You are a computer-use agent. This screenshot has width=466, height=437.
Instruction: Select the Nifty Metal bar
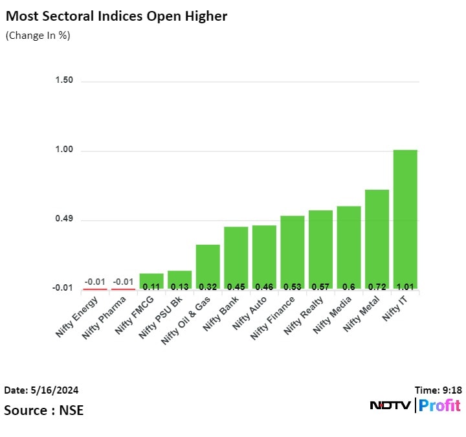click(x=377, y=239)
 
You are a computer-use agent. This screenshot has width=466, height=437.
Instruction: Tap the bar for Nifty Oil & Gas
click(x=208, y=266)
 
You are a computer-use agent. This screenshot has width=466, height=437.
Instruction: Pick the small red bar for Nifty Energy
click(x=94, y=289)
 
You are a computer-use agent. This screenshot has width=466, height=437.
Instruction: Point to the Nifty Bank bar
click(x=236, y=257)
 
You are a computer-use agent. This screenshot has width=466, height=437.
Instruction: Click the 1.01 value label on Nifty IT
click(x=405, y=286)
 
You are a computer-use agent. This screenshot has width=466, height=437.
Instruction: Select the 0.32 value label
click(x=208, y=286)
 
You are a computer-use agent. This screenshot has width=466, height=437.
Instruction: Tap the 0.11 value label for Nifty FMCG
click(x=151, y=286)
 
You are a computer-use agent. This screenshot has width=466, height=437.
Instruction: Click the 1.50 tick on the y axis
click(x=64, y=80)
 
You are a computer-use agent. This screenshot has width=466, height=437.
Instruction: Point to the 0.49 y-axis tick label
click(x=64, y=220)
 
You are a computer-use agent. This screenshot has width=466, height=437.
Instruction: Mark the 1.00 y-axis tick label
click(x=64, y=150)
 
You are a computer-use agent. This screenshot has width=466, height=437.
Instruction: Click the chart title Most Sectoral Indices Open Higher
click(x=116, y=16)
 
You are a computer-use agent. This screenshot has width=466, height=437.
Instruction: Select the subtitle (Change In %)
click(x=38, y=35)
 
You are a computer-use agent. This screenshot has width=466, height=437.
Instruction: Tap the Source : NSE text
click(x=43, y=410)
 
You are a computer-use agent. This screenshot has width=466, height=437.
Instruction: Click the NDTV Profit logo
click(x=415, y=406)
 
